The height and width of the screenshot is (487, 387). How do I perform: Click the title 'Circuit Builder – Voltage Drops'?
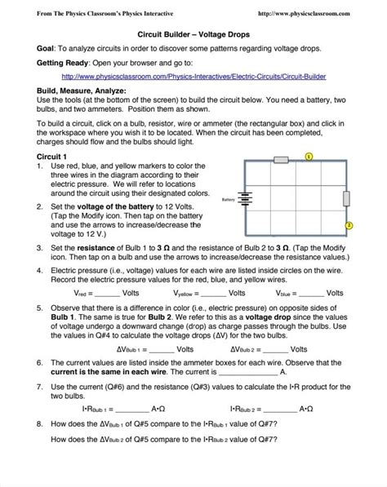point(193,34)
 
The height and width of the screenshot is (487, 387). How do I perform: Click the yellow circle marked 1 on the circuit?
point(309,155)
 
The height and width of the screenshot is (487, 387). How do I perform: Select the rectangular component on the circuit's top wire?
point(280,161)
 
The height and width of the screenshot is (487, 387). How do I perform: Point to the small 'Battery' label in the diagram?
point(228,198)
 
